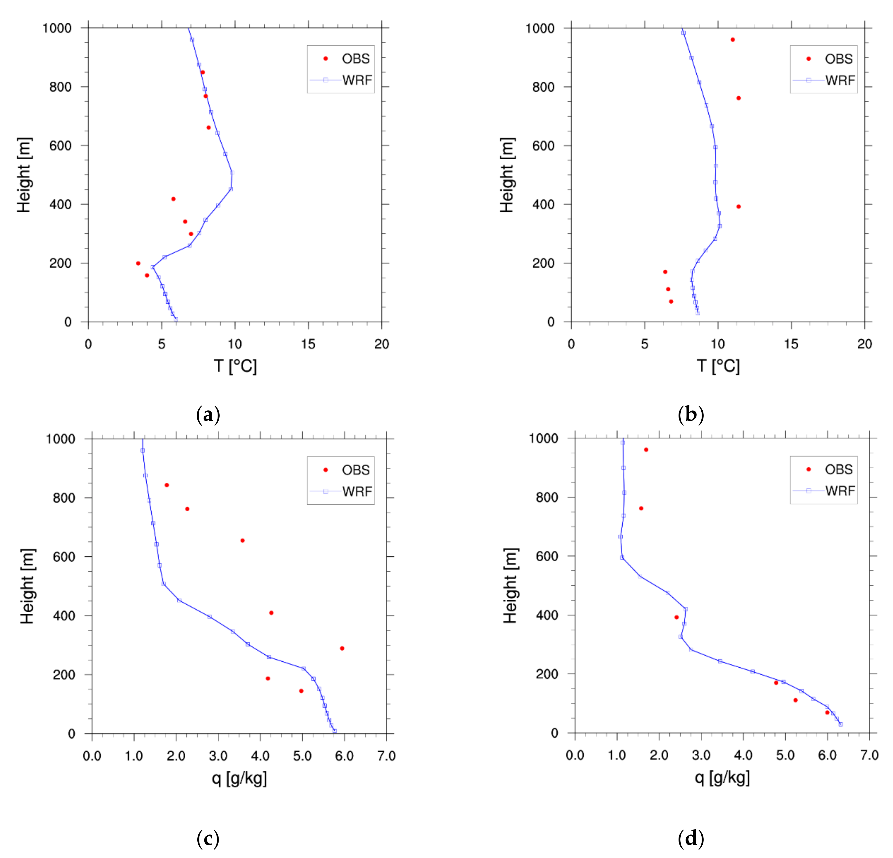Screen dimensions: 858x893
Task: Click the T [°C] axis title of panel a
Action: click(235, 366)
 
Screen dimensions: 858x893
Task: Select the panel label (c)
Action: click(208, 838)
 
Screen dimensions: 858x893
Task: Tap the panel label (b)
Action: click(691, 415)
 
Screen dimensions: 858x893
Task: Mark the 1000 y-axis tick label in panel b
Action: click(540, 28)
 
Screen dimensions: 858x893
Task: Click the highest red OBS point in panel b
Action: click(733, 40)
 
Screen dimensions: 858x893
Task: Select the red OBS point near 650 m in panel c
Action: click(242, 540)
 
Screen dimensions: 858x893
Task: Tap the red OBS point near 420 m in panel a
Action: click(173, 199)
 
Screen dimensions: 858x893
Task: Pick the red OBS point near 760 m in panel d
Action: click(641, 508)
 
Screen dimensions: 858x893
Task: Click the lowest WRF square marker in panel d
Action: click(841, 724)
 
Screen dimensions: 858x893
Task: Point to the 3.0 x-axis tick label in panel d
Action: click(701, 755)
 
